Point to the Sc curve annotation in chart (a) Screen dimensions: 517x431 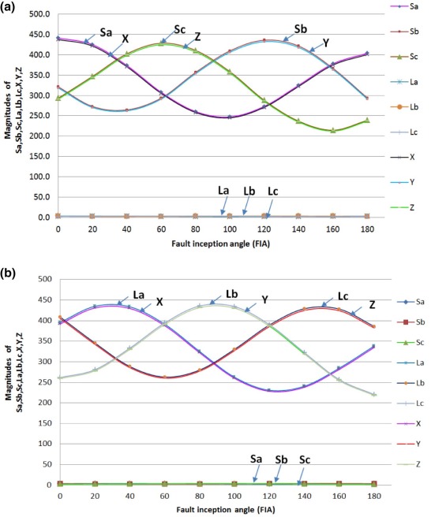coord(179,30)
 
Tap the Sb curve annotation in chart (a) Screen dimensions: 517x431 coord(300,28)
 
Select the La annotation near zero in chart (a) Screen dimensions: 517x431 coord(224,191)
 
